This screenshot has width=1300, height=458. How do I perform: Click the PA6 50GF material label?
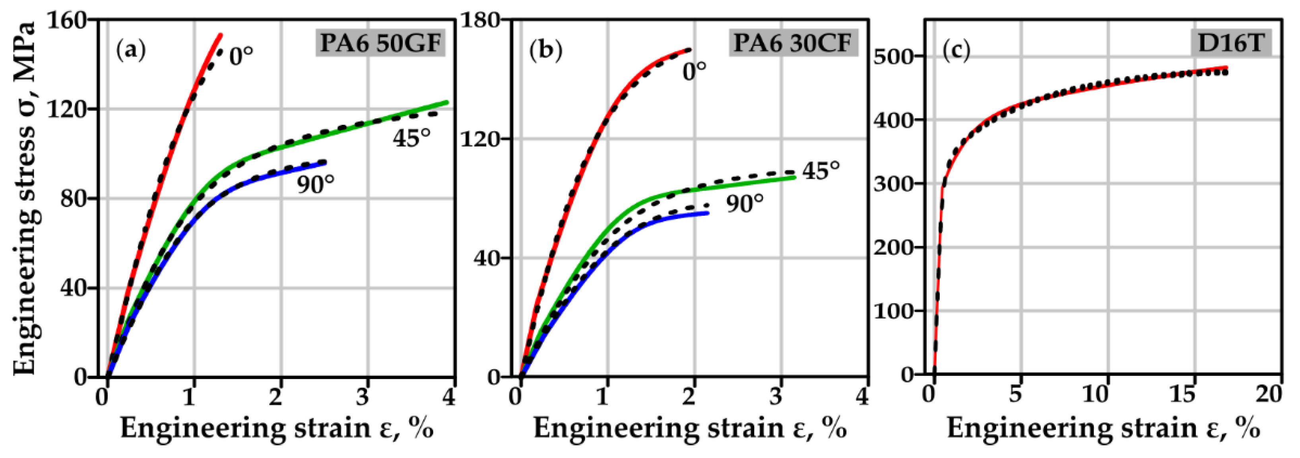click(380, 43)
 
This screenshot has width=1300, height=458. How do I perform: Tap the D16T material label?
click(1231, 43)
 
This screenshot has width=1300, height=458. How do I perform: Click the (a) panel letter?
click(131, 50)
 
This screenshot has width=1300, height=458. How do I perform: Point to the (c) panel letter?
click(957, 50)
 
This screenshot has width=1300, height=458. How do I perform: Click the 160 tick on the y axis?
click(68, 21)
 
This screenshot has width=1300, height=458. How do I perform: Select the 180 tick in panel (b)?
click(479, 21)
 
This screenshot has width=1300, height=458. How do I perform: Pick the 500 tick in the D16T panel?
click(894, 57)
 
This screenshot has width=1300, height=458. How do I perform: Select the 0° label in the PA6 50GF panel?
click(241, 56)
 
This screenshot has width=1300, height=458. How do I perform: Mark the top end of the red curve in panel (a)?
click(221, 35)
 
